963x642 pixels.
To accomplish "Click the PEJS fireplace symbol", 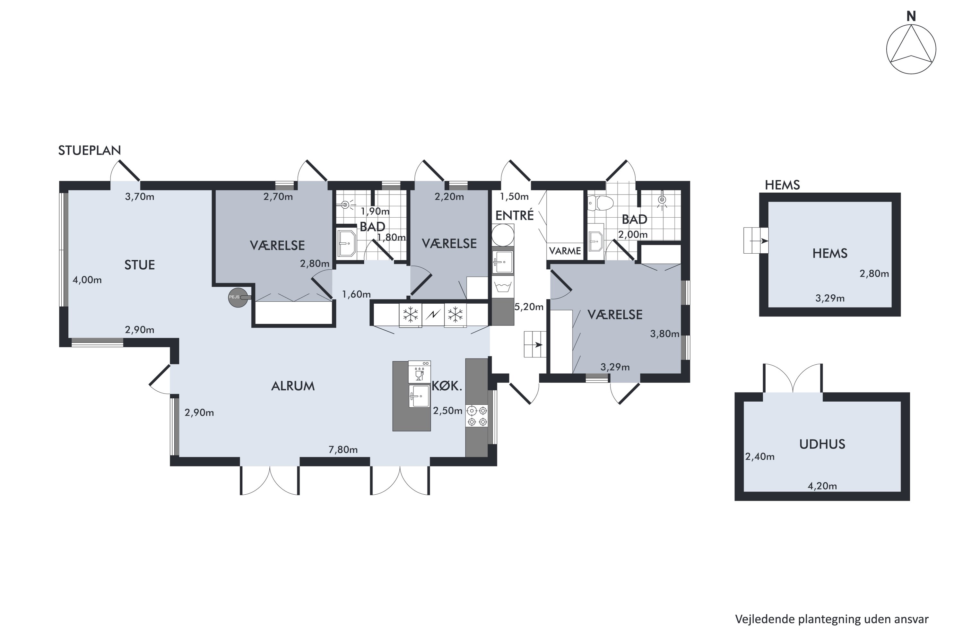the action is pos(238,297).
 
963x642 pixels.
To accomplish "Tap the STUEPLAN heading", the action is pos(89,151).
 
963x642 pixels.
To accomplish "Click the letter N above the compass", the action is pos(911,16).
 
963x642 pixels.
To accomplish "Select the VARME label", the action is pos(565,251).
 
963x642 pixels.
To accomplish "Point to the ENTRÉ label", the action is pos(514,215).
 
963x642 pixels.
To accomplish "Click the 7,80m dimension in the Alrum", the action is pos(343,450).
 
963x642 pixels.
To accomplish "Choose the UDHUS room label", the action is pos(822,444).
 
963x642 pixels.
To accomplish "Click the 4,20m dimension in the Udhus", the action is pos(822,486).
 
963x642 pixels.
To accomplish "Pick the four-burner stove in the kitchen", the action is pos(477,416).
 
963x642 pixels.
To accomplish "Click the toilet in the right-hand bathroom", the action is pos(600,203).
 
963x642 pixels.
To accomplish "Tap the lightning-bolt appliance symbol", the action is pos(433,315).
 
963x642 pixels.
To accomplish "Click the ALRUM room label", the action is pos(293,386).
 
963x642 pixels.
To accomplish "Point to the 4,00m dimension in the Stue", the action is pos(87,280).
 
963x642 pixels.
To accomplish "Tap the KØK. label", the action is pos(447,386).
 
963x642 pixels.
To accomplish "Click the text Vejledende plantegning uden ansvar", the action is pos(832,619).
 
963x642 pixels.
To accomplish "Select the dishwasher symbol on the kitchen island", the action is pos(419,372).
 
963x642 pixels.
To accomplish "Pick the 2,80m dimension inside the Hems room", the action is pos(874,273).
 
